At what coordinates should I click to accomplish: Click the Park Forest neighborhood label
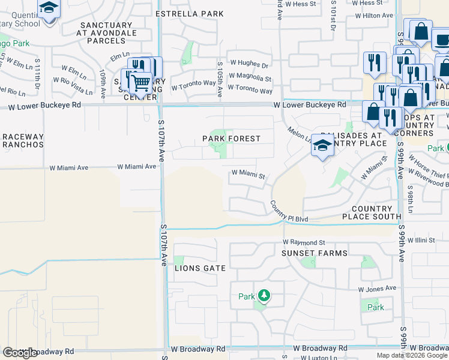231,139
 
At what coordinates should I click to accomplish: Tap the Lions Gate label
200,268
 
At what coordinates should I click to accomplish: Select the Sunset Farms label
315,253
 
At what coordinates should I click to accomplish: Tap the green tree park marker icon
263,296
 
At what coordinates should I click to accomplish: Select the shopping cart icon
140,83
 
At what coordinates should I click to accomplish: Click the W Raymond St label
304,242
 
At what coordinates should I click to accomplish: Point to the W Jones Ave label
377,289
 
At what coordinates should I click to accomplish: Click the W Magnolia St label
251,78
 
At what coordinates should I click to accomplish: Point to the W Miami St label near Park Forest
249,175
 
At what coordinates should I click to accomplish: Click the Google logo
20,353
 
